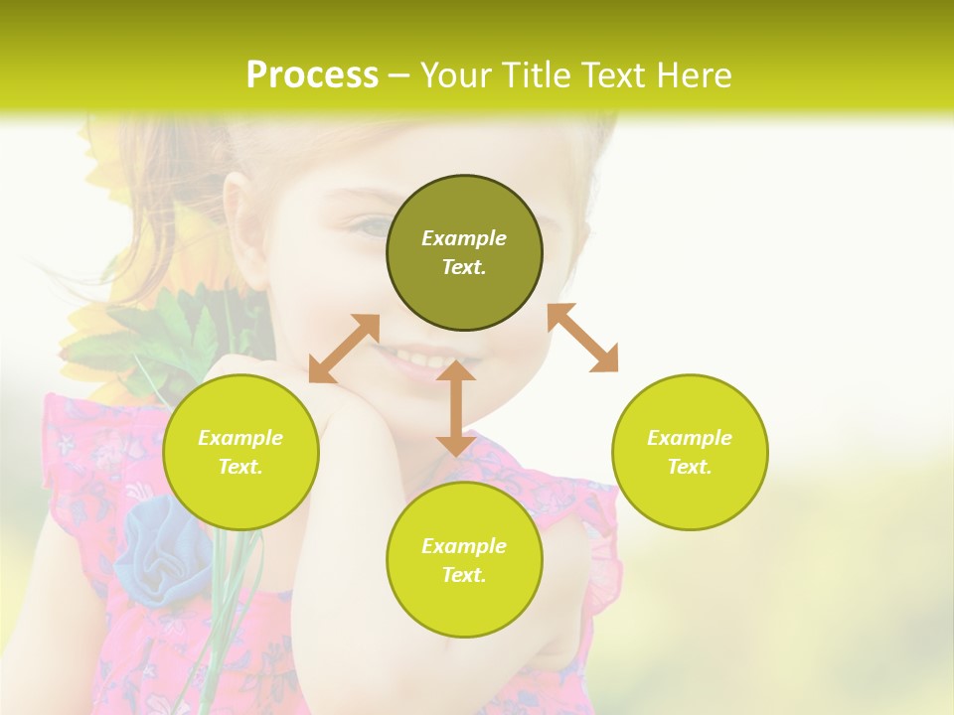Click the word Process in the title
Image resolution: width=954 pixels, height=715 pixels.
click(x=312, y=75)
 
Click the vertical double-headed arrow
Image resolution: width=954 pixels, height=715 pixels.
click(x=455, y=408)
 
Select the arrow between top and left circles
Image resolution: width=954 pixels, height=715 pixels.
click(x=344, y=349)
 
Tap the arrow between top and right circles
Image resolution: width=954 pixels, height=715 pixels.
click(x=582, y=338)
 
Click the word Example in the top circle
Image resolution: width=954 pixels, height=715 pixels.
click(x=464, y=238)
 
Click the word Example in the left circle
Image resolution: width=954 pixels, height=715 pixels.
click(x=240, y=438)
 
